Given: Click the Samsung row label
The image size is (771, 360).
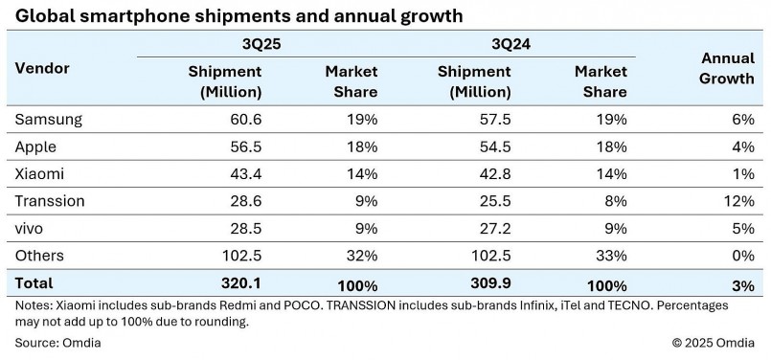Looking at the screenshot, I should (x=48, y=120).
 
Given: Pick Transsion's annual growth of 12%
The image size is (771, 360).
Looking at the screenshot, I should (x=738, y=201).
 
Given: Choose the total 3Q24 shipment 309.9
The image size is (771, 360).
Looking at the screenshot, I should (x=488, y=283).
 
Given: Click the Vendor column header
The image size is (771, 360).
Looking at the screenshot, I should (x=42, y=69).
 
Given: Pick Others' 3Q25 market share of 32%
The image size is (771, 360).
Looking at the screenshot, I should (x=361, y=256).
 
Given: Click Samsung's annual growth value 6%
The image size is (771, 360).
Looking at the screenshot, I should (x=742, y=120).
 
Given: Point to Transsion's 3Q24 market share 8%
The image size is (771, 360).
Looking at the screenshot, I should (x=615, y=201).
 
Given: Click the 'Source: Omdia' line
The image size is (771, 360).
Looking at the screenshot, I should (x=58, y=342).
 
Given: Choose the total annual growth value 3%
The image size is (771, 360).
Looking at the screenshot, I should (x=742, y=284).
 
